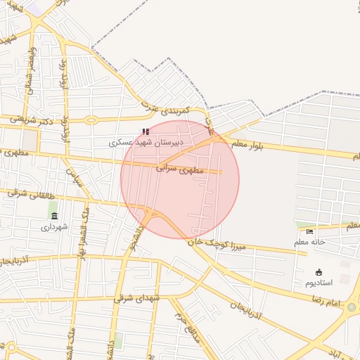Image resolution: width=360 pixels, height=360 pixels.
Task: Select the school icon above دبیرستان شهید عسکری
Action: point(146,131)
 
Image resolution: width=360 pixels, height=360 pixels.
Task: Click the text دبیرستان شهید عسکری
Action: point(146,142)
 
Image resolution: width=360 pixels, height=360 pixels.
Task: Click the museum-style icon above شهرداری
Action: point(54,216)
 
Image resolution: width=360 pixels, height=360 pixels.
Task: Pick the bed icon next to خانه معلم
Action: point(310,232)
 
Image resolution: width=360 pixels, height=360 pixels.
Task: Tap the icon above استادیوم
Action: point(319,272)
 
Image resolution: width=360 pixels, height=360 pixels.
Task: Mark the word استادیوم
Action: point(319,283)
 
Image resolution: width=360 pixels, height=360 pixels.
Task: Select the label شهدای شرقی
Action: point(139,298)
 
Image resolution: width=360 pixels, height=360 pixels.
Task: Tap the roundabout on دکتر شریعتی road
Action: point(91,120)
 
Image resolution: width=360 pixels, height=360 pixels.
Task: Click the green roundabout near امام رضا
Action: point(351,307)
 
